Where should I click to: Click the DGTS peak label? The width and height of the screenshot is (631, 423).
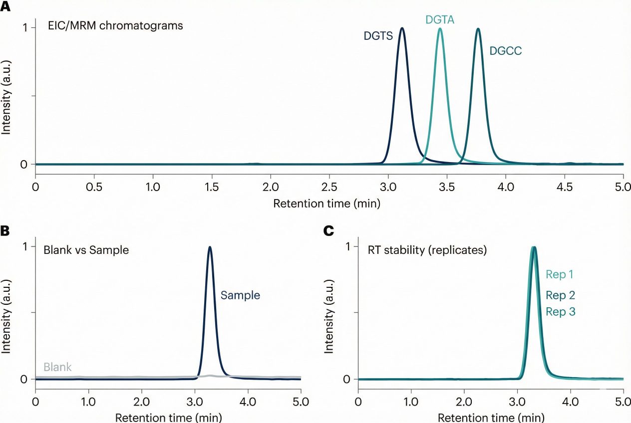(377, 35)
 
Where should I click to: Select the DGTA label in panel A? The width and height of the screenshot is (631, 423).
(439, 19)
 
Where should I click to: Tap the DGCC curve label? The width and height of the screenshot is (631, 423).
(505, 50)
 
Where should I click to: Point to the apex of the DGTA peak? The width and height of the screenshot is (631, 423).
(440, 28)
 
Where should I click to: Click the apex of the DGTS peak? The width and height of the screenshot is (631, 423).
(402, 28)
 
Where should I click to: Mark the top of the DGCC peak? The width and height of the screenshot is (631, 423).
(478, 29)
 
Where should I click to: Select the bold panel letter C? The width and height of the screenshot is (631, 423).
(328, 230)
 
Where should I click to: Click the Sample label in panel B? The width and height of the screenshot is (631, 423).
(240, 295)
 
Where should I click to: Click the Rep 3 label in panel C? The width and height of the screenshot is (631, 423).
(561, 312)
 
